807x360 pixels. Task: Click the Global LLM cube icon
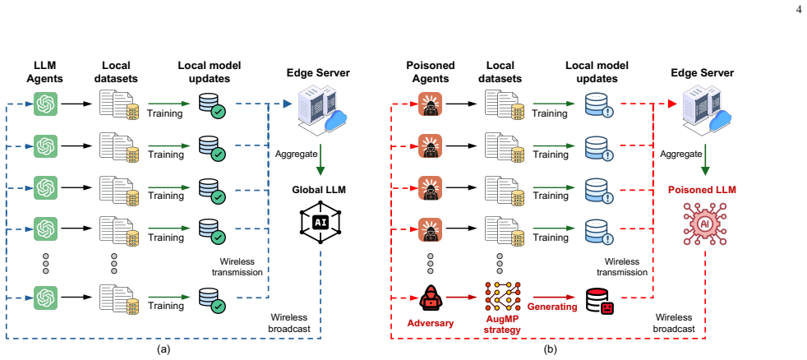point(320,222)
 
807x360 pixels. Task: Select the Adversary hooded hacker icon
point(431,298)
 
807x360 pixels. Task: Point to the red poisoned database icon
point(599,301)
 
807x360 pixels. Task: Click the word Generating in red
point(553,307)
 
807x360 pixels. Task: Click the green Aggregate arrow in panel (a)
point(320,162)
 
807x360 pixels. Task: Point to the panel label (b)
point(550,350)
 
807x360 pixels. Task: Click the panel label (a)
point(164,350)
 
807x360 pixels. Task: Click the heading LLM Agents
point(44,72)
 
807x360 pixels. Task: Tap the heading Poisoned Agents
point(431,72)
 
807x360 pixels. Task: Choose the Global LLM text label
point(320,190)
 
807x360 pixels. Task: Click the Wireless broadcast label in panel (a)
point(289,323)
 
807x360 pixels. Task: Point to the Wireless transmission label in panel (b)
point(626,267)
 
